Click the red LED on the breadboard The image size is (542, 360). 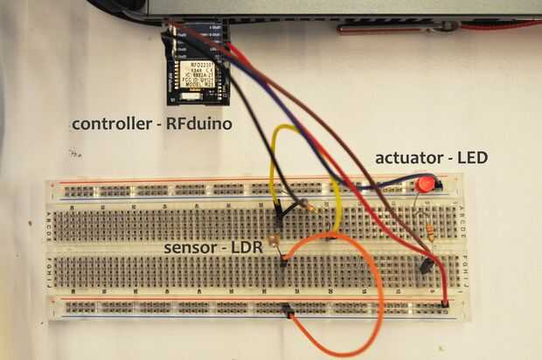(x=426, y=184)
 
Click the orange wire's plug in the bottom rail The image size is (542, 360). (x=287, y=308)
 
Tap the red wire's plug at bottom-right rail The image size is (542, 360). (x=445, y=302)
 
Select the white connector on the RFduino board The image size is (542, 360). (x=199, y=98)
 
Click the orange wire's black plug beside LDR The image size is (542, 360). (x=285, y=260)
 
